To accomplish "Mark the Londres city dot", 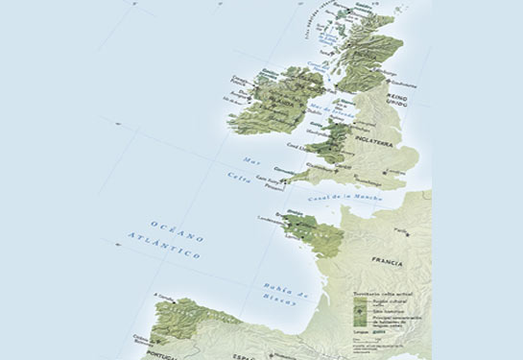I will pos(390,172).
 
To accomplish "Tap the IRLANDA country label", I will pos(255,98).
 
